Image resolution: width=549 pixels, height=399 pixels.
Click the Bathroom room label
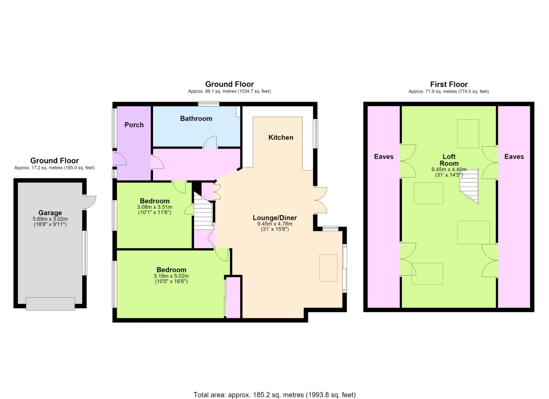(x=196, y=119)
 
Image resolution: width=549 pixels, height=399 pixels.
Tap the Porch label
(x=134, y=125)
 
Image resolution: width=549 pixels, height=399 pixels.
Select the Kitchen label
(x=281, y=138)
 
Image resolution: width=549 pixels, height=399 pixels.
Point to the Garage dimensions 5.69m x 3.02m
(x=50, y=219)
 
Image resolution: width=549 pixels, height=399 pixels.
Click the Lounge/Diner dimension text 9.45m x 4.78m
(x=275, y=224)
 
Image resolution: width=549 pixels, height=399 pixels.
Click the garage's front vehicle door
(x=51, y=304)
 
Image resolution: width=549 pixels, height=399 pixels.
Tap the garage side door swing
(x=90, y=202)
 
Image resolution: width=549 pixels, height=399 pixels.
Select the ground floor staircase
(x=203, y=211)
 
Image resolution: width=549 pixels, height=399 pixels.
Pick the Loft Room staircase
(x=469, y=187)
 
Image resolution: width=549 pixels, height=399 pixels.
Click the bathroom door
(x=210, y=143)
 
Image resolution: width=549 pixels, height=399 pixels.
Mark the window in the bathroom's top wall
(x=209, y=104)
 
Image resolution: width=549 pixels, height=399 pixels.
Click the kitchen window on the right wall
(x=316, y=134)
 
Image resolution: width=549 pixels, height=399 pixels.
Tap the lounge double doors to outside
(x=321, y=200)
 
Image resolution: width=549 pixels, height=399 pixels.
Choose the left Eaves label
(x=384, y=157)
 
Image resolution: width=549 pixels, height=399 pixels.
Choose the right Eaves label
(x=514, y=157)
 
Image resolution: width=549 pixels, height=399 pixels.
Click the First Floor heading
(x=449, y=85)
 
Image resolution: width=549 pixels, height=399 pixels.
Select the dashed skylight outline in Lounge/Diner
(x=328, y=268)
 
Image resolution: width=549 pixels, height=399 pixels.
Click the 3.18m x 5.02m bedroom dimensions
(x=171, y=276)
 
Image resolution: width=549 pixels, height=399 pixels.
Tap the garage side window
(x=85, y=253)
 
